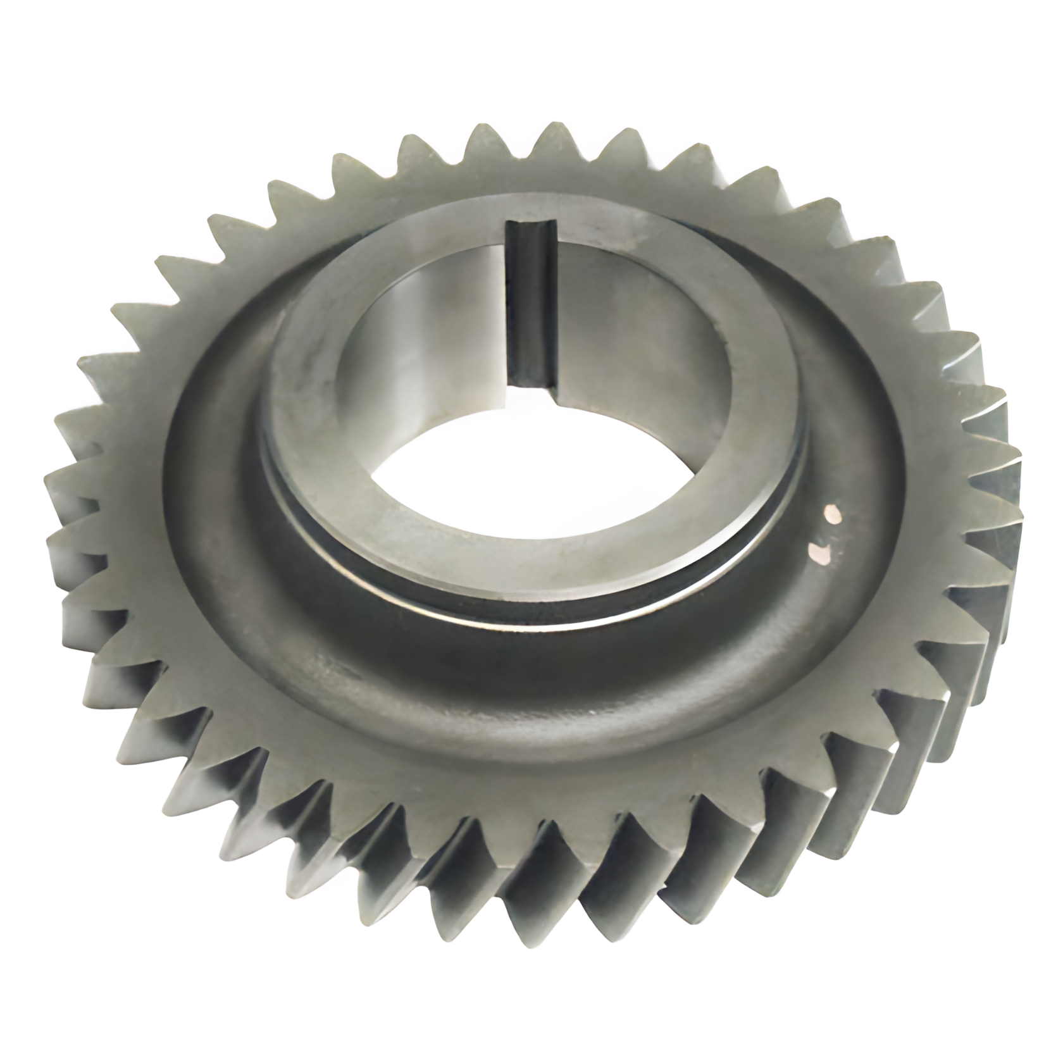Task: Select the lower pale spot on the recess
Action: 820,553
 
